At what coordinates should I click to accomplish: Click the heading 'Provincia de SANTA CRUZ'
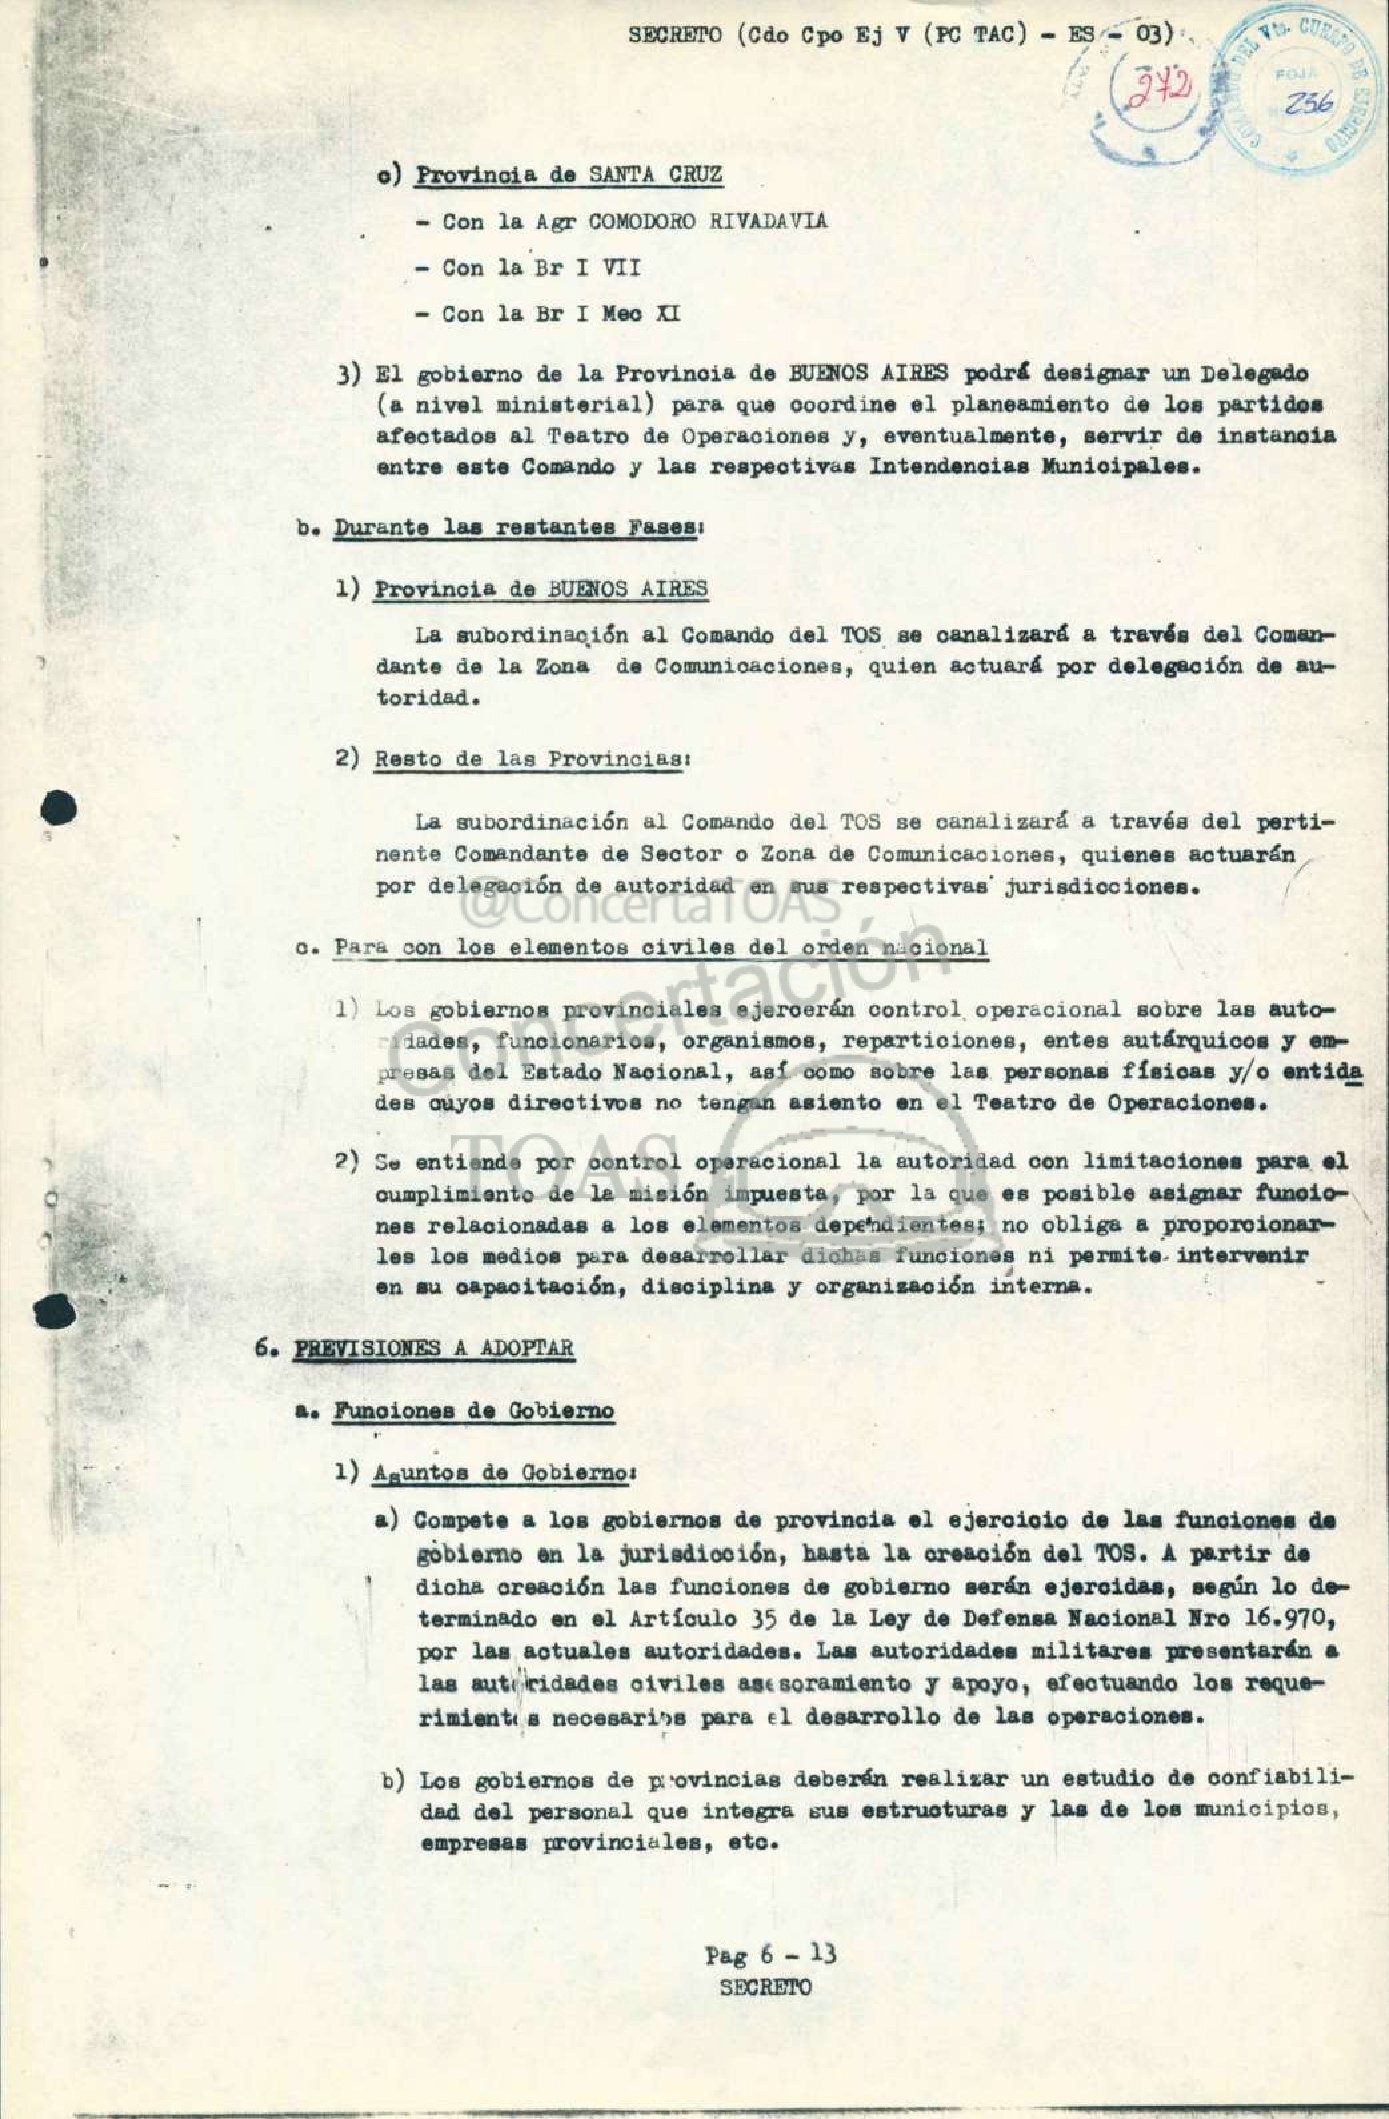[x=569, y=174]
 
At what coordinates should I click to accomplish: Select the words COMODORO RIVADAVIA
[x=708, y=221]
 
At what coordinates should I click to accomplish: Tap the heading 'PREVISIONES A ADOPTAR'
[x=432, y=1348]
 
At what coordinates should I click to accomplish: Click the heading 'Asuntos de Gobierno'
[x=504, y=1473]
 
